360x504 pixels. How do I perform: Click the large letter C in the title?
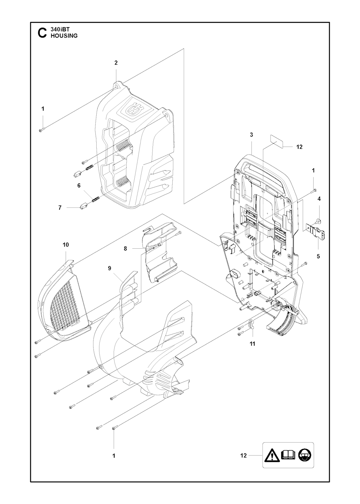pyautogui.click(x=42, y=33)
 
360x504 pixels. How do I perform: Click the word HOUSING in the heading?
pyautogui.click(x=64, y=36)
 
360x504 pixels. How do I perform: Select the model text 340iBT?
pyautogui.click(x=58, y=29)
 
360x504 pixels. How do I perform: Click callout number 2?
pyautogui.click(x=116, y=63)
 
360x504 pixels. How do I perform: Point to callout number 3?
pyautogui.click(x=251, y=135)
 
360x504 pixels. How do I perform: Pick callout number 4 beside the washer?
pyautogui.click(x=319, y=199)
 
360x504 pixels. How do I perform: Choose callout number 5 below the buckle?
pyautogui.click(x=318, y=256)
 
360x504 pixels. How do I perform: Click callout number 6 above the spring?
pyautogui.click(x=79, y=186)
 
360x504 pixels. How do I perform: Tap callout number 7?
pyautogui.click(x=60, y=208)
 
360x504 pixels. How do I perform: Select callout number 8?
pyautogui.click(x=125, y=248)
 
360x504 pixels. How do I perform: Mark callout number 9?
pyautogui.click(x=109, y=268)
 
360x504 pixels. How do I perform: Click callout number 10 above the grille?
pyautogui.click(x=66, y=244)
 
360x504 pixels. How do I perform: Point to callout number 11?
pyautogui.click(x=252, y=350)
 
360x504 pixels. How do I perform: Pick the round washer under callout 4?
pyautogui.click(x=319, y=220)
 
